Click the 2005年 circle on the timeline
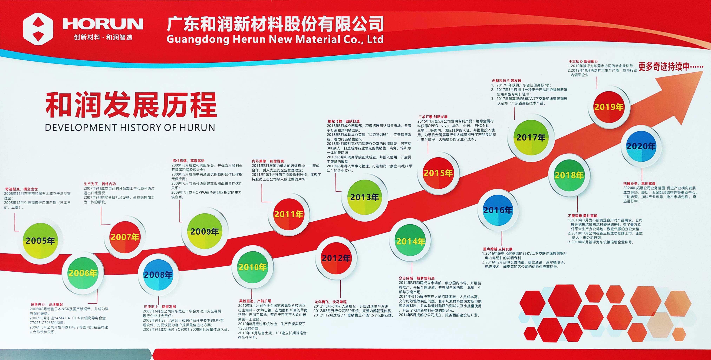(41, 241)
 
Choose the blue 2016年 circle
(498, 210)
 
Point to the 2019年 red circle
(609, 107)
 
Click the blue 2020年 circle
(641, 146)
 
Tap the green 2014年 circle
(410, 241)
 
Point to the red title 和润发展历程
(131, 105)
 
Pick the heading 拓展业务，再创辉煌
(639, 184)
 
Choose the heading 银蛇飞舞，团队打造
(344, 121)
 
